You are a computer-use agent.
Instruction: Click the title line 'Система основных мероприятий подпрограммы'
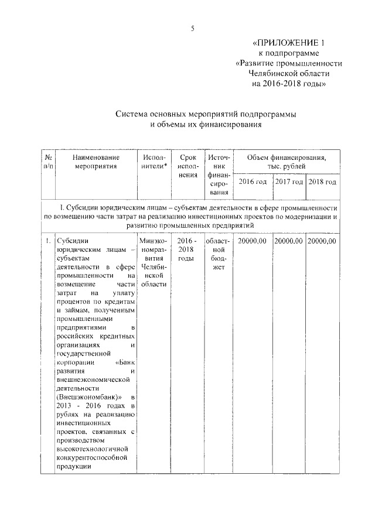(204, 114)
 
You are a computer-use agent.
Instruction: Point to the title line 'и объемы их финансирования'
(204, 125)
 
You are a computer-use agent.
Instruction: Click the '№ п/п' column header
(49, 162)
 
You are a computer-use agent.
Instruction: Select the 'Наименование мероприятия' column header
(96, 162)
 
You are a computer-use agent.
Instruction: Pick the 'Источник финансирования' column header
(219, 174)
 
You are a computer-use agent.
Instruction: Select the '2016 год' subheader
(253, 182)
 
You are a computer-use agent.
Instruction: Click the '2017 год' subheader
(289, 182)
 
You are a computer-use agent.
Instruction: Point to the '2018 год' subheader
(323, 182)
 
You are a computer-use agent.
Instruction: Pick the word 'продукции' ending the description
(73, 467)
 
